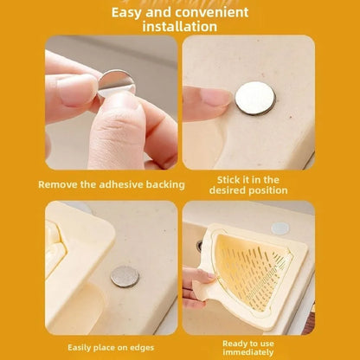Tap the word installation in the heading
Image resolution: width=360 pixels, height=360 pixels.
click(179, 27)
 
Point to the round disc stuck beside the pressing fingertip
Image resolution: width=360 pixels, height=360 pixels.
click(254, 97)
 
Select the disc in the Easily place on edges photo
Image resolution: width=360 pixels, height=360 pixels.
click(125, 276)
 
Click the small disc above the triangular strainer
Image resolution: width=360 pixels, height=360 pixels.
click(280, 228)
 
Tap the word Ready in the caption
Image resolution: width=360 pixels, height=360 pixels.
click(236, 343)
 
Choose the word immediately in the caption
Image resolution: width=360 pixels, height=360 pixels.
click(248, 352)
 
